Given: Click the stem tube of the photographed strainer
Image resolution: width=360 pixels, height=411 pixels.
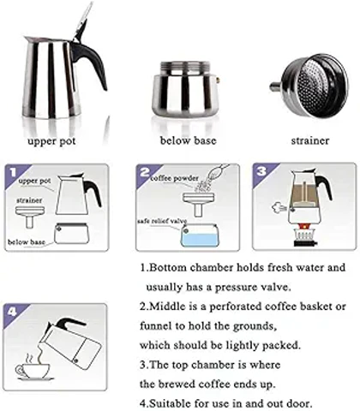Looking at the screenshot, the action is click(x=276, y=86).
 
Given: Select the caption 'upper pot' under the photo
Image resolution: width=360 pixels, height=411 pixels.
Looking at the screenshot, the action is click(x=51, y=141).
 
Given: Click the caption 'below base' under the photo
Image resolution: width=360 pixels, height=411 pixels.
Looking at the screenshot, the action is click(x=188, y=140).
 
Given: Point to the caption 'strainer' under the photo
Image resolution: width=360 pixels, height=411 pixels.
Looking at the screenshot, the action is click(x=310, y=140).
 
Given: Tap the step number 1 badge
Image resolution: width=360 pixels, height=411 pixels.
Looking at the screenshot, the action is click(x=12, y=172).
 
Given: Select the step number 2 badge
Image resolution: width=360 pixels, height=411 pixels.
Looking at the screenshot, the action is click(x=145, y=172).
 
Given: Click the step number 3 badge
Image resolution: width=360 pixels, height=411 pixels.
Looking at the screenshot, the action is click(x=261, y=171).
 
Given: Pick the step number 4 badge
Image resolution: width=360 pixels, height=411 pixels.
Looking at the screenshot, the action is click(x=12, y=312).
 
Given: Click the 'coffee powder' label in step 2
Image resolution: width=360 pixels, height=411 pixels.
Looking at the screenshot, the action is click(x=175, y=178).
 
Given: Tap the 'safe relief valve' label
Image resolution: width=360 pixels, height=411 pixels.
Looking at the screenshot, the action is click(x=162, y=221).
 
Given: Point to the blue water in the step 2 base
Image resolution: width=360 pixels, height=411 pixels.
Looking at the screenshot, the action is click(x=199, y=240).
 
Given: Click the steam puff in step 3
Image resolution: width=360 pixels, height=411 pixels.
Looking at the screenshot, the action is click(x=279, y=207).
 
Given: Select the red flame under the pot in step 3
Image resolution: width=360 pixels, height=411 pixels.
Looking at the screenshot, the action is click(x=302, y=227).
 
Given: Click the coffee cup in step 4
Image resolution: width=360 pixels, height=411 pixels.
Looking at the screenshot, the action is click(x=32, y=370).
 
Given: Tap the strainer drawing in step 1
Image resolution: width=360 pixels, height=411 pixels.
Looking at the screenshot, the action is click(x=30, y=217).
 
